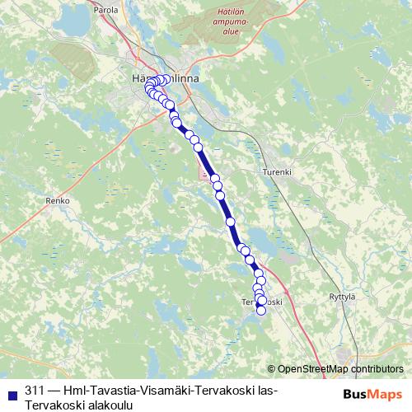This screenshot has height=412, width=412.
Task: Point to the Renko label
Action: [59, 200]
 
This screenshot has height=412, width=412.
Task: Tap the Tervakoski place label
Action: [262, 302]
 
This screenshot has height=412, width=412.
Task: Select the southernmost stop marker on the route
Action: [262, 311]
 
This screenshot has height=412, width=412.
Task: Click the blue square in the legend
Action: [13, 390]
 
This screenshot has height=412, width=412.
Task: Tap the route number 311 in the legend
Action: [35, 390]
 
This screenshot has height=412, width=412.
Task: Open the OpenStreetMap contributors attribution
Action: [340, 369]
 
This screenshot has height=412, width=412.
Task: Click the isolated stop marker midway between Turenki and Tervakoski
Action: [231, 221]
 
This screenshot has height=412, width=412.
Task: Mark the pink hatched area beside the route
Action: [204, 172]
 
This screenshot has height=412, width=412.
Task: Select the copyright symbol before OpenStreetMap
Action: [272, 369]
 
